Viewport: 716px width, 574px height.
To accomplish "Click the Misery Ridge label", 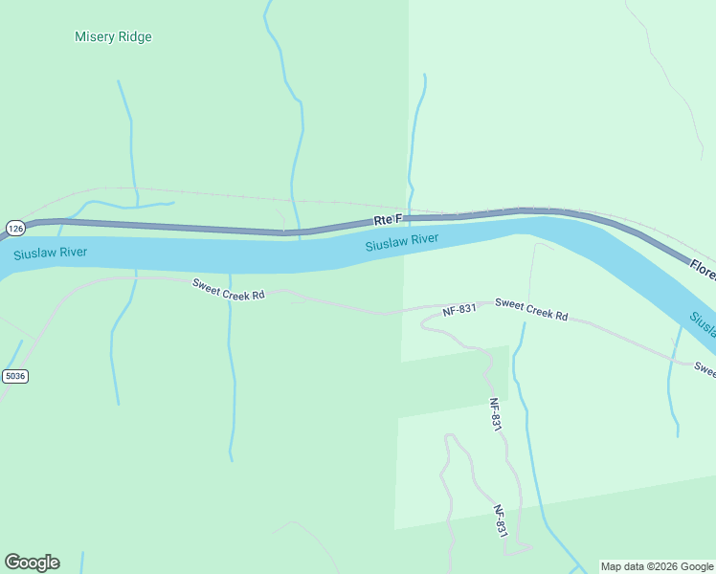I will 113,37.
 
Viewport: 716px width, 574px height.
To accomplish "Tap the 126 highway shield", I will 14,228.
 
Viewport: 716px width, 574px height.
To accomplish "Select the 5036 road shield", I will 14,376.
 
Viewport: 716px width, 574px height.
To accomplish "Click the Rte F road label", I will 388,220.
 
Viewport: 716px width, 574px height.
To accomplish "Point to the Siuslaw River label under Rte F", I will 402,242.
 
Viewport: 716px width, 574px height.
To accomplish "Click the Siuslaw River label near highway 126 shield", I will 50,254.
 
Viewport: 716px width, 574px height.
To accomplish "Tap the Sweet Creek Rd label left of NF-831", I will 228,290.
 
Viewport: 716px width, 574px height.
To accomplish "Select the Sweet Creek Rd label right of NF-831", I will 531,309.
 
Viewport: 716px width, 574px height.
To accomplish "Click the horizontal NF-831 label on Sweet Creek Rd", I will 459,311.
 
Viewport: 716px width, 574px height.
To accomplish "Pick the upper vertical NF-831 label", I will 495,415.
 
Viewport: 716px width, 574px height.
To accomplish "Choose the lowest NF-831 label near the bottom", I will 500,522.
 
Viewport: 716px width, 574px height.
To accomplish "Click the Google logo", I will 32,563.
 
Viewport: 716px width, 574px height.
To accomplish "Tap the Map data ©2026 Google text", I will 657,566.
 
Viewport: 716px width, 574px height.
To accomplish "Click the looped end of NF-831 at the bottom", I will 518,548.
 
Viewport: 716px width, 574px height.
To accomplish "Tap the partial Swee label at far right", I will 705,367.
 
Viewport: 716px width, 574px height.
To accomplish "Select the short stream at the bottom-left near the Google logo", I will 82,562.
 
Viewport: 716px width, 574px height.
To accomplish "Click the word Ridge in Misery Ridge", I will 134,37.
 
